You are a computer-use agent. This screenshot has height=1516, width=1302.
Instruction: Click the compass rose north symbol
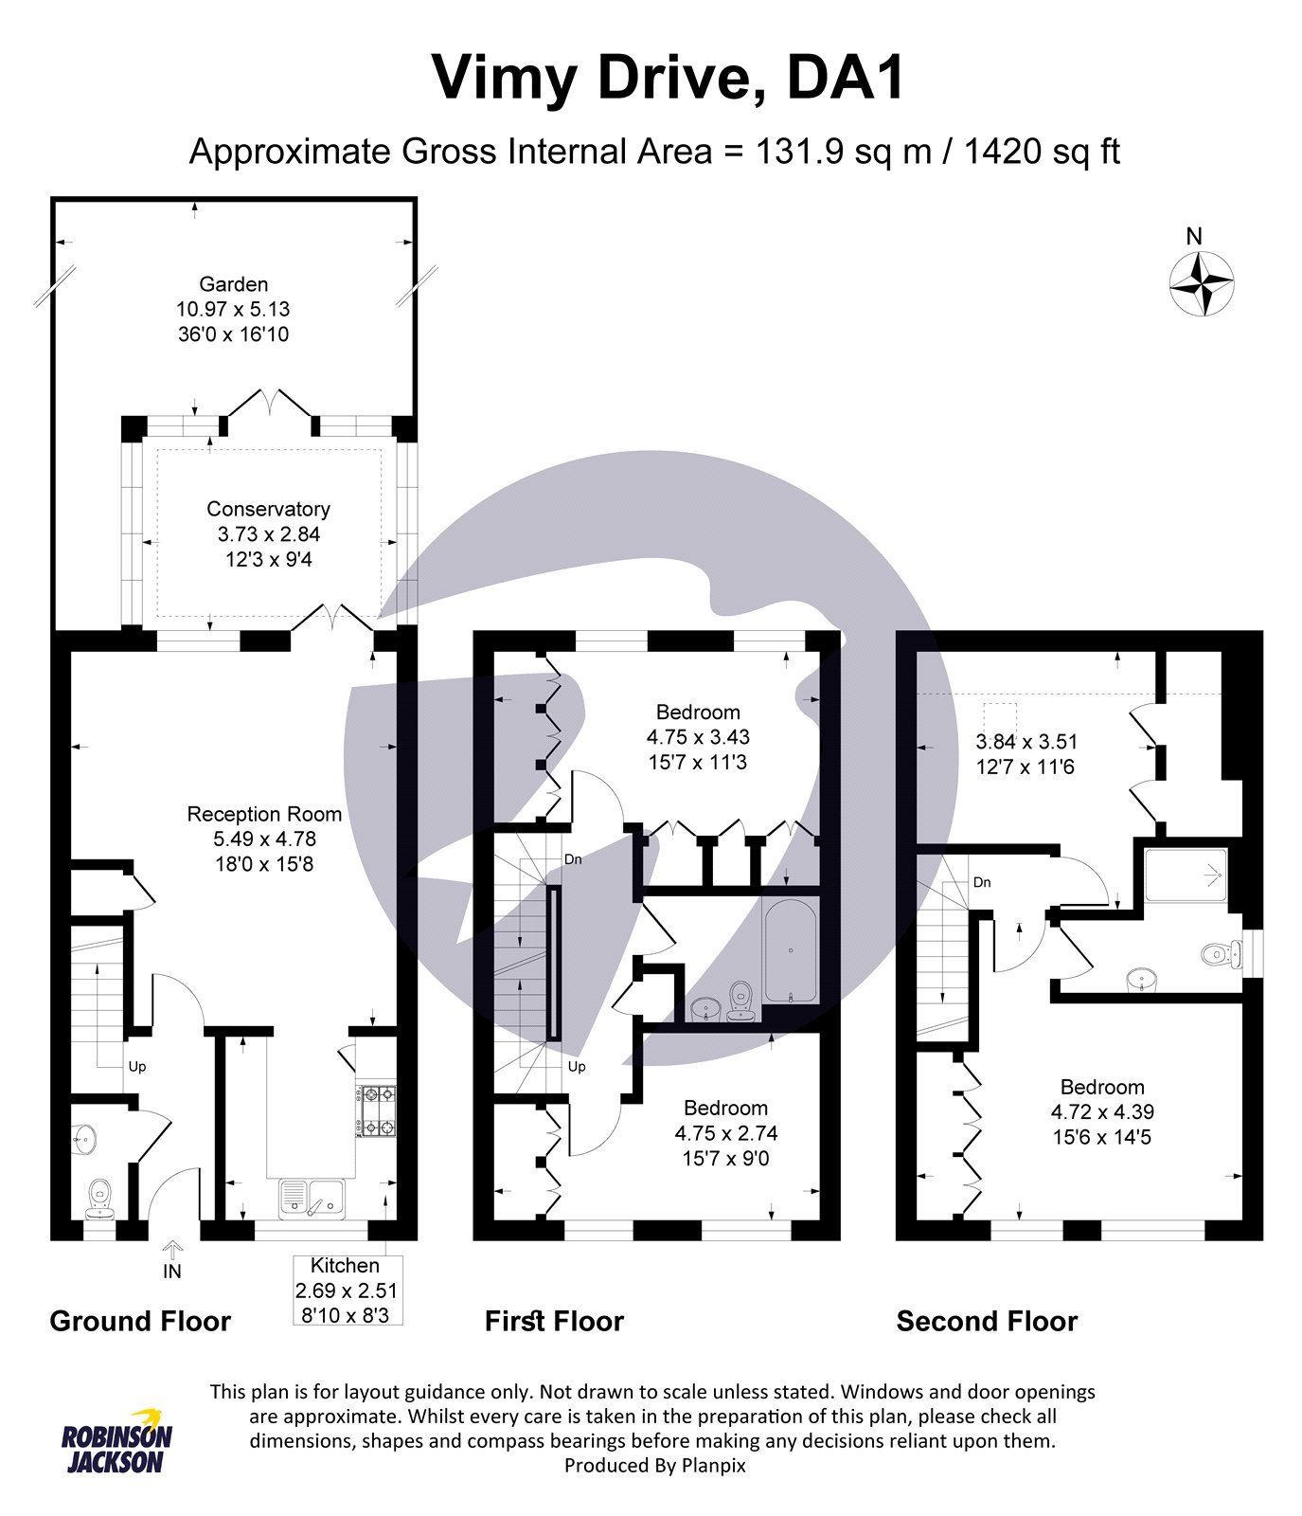[x=1202, y=281]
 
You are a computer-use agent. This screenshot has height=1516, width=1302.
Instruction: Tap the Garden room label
[x=233, y=284]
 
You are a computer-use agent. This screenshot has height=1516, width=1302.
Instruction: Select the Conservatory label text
[x=268, y=509]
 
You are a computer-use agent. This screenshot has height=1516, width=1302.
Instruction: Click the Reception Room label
[x=264, y=814]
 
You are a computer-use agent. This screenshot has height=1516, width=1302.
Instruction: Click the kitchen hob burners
[x=376, y=1110]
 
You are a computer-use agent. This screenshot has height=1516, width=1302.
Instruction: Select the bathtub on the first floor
[x=790, y=951]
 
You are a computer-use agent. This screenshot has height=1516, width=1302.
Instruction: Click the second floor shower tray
[x=1187, y=876]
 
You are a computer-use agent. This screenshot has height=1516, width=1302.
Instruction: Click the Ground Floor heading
[x=140, y=1322]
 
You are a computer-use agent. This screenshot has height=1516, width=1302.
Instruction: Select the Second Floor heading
[x=987, y=1322]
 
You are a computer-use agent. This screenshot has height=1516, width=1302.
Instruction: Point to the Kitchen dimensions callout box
[x=347, y=1290]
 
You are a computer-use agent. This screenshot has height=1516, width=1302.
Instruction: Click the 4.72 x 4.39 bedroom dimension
[x=1102, y=1112]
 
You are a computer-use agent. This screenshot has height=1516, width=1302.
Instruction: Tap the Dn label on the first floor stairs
[x=573, y=859]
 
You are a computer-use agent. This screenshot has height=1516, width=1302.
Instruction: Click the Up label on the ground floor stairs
[x=137, y=1067]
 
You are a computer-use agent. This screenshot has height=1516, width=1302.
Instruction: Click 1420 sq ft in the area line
[x=1042, y=152]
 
